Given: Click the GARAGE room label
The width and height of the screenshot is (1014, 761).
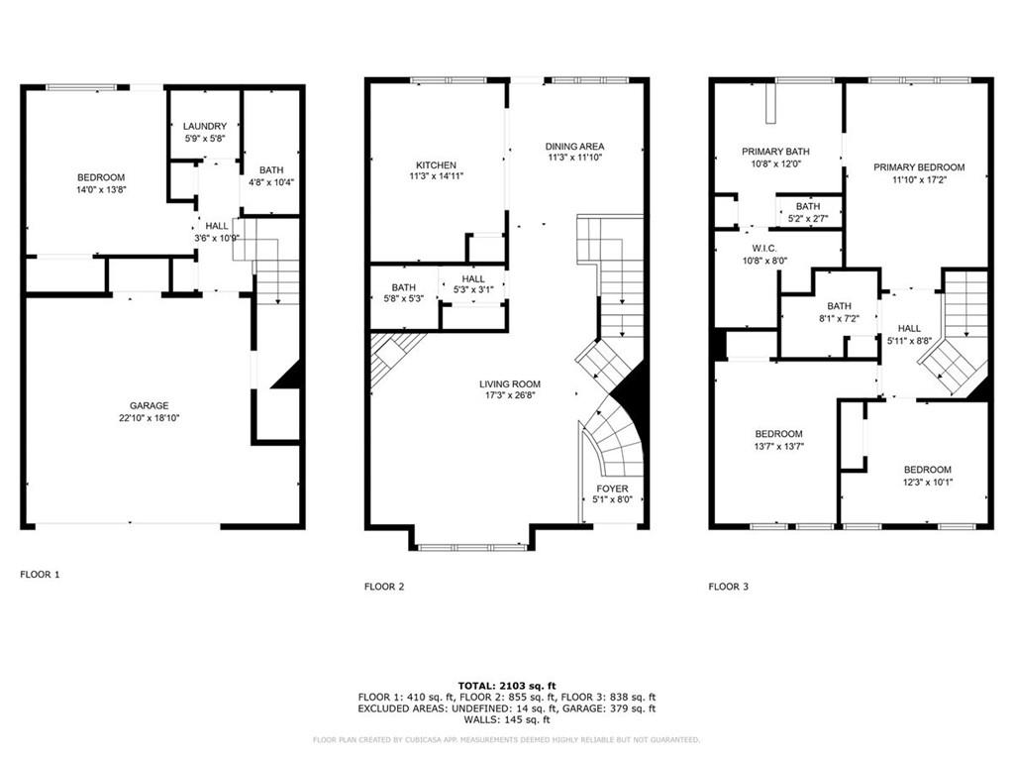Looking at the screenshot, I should coord(149,405).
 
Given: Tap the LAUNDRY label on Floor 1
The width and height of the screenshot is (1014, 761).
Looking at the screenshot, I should coord(205,126).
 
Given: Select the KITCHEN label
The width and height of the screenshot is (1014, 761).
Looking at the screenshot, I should coord(436,164).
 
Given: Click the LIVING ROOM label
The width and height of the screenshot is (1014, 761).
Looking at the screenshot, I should coord(510,384).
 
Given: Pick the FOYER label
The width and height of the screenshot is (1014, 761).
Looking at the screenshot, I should coord(611,489).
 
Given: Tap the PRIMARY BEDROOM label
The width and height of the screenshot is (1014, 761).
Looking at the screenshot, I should coord(919,167).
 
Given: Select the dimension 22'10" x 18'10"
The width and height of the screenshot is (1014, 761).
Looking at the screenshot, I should coord(149,418).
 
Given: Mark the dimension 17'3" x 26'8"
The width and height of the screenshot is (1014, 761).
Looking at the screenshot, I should coord(510,396).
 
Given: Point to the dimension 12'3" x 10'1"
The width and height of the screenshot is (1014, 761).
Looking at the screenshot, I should coord(927,483).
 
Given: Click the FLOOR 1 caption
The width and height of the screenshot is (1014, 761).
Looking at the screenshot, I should coord(40,574).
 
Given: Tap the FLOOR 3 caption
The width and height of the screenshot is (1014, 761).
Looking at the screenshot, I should coord(728,587).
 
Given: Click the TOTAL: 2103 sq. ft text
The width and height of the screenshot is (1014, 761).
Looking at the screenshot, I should coord(507,686).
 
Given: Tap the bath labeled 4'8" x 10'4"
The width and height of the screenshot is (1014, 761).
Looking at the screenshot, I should coord(270,176).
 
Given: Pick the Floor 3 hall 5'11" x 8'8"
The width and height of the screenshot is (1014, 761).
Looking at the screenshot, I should coord(909,334).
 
